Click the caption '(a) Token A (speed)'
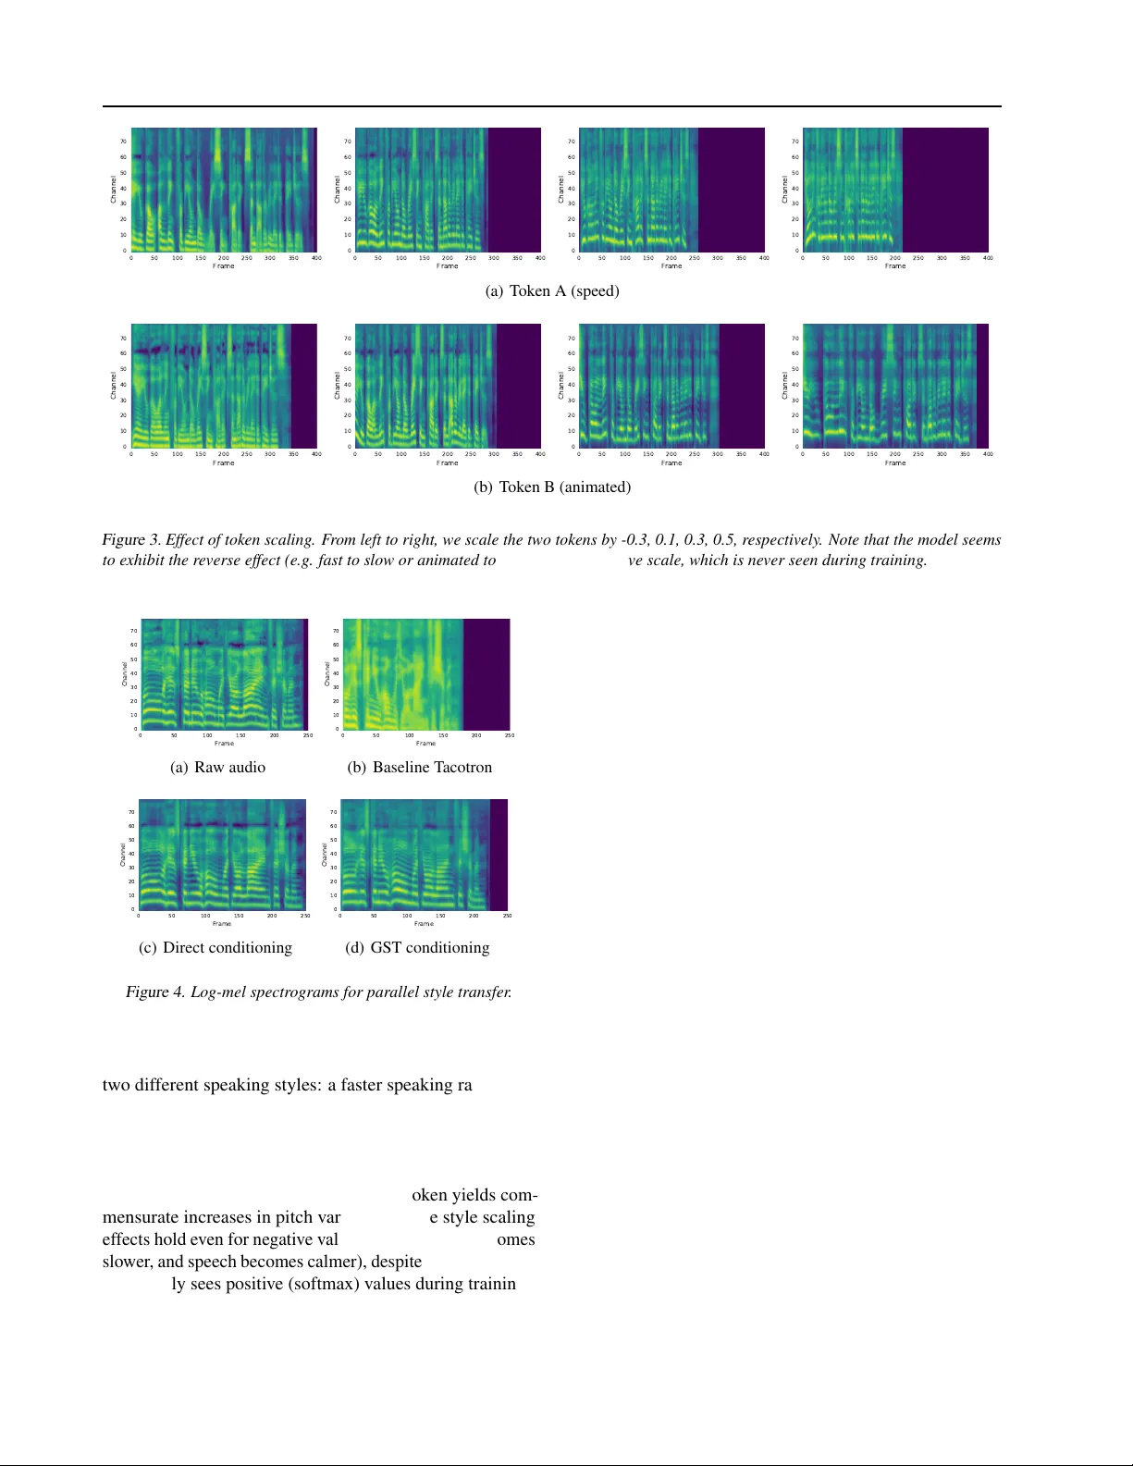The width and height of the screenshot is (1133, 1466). [552, 291]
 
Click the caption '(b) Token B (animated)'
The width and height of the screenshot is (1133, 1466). [552, 487]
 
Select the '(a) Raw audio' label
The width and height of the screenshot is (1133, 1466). [218, 768]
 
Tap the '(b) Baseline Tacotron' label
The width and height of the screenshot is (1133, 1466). [420, 768]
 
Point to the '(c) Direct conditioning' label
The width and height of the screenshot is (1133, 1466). [216, 948]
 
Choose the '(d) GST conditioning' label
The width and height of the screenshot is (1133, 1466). [417, 948]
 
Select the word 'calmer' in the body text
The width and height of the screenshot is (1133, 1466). [336, 1262]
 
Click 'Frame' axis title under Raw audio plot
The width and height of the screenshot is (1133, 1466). [224, 744]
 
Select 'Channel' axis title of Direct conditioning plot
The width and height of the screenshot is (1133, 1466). [123, 854]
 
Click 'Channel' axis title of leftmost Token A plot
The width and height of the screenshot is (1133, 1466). [114, 189]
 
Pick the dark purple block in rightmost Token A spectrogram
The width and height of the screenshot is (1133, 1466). [945, 189]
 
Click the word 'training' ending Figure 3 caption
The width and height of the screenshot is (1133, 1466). [901, 561]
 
